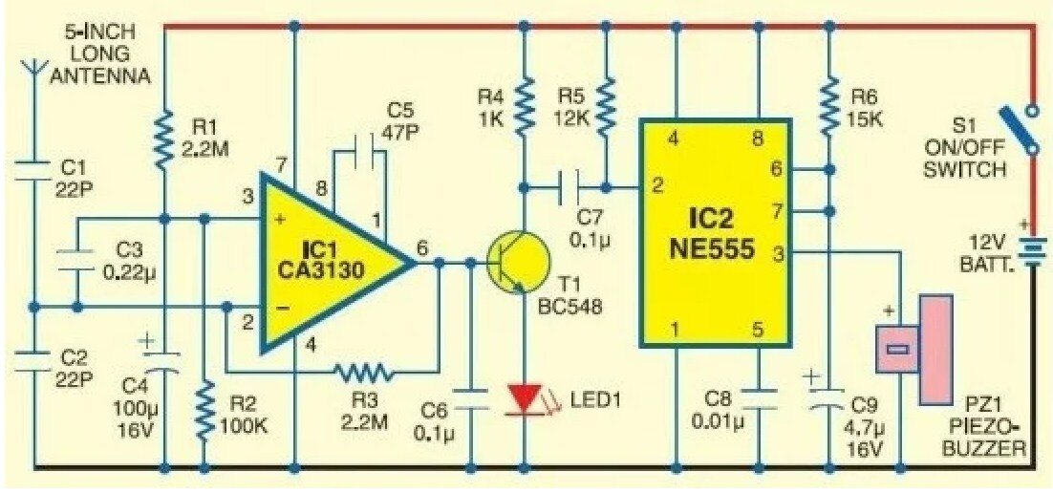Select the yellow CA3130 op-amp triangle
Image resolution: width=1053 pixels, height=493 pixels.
click(325, 258)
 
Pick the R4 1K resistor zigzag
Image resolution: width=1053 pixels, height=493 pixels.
click(525, 107)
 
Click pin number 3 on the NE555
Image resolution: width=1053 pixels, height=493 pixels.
click(779, 253)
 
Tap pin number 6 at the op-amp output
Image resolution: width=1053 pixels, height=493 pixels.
click(421, 245)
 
